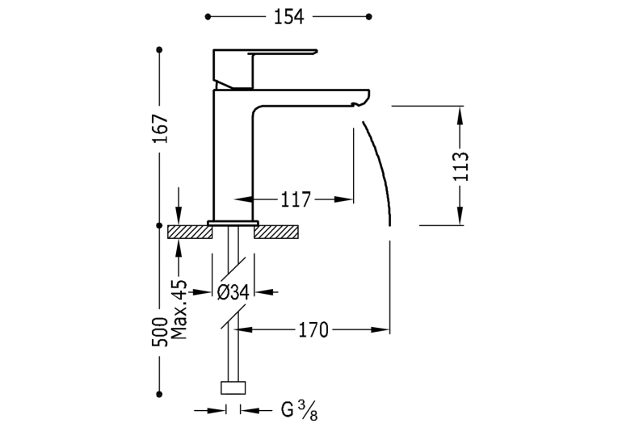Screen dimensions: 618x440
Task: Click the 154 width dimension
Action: [x=289, y=17]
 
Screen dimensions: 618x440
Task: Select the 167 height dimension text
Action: [x=161, y=129]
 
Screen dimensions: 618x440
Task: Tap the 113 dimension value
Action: [x=460, y=166]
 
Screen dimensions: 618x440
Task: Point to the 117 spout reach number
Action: [x=296, y=199]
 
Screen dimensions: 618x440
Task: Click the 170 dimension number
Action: [x=313, y=329]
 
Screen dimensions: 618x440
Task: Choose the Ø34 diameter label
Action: [x=233, y=292]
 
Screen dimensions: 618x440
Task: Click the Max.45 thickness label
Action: [x=179, y=310]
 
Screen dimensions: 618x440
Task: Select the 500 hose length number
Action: [x=160, y=332]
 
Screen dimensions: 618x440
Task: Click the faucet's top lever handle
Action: [x=284, y=52]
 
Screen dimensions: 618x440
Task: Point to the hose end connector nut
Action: [x=233, y=388]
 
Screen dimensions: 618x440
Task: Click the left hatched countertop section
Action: [x=190, y=232]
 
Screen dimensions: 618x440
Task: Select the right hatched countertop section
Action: [x=275, y=232]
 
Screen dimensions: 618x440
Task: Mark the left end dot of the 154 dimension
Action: [x=208, y=16]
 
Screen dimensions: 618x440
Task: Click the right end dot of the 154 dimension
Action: [x=369, y=16]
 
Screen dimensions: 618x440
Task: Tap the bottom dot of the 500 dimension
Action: [x=159, y=394]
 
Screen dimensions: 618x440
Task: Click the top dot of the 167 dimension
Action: [x=159, y=49]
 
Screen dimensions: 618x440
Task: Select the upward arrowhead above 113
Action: [x=460, y=115]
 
